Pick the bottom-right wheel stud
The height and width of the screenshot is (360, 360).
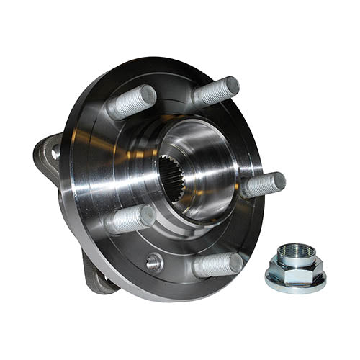click(x=217, y=265)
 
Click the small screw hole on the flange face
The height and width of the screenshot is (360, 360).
click(x=153, y=262)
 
